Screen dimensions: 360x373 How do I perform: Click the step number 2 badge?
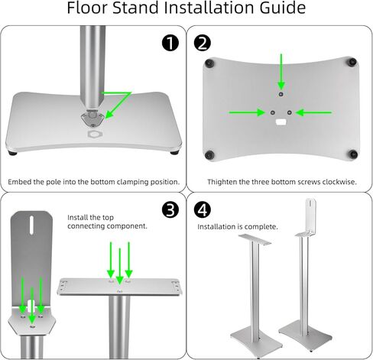pyautogui.click(x=203, y=43)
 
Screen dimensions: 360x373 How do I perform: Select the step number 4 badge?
pyautogui.click(x=203, y=209)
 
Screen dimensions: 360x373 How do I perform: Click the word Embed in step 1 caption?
pyautogui.click(x=21, y=182)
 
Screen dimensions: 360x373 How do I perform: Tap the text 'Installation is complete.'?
pyautogui.click(x=238, y=227)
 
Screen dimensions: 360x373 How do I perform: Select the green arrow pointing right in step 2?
pyautogui.click(x=246, y=112)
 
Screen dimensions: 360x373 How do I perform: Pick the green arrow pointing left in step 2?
pyautogui.click(x=314, y=112)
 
